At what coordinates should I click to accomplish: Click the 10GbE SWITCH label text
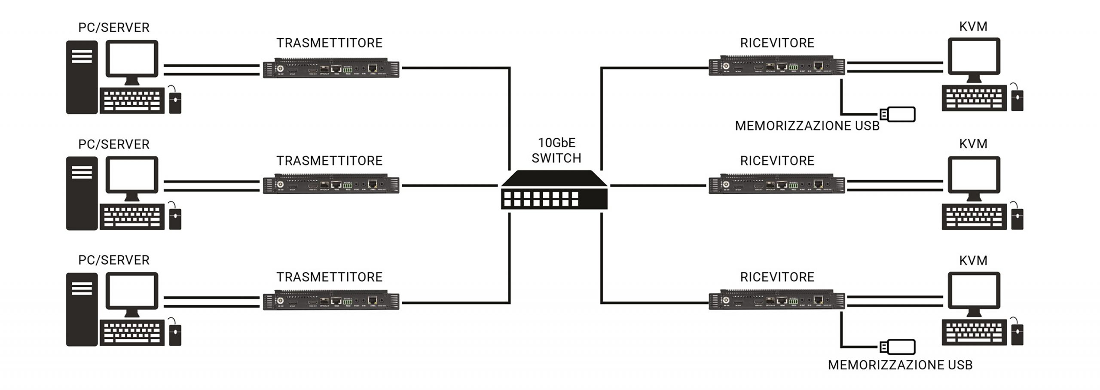[x=556, y=150]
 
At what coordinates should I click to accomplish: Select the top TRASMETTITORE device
[x=331, y=68]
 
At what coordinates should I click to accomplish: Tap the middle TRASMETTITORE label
[x=329, y=161]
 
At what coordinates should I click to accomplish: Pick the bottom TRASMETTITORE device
[x=331, y=301]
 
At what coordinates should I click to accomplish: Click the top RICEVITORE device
[x=776, y=66]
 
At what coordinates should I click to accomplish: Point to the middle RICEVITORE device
[x=776, y=184]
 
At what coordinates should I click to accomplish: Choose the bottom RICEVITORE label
[x=777, y=277]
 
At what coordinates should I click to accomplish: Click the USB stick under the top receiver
[x=898, y=114]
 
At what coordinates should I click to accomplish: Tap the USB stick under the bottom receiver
[x=898, y=347]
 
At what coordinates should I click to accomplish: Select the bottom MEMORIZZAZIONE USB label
[x=900, y=365]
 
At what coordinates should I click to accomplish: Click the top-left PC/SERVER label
[x=114, y=27]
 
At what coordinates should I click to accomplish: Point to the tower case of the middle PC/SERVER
[x=82, y=193]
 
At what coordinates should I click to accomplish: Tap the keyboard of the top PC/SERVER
[x=132, y=101]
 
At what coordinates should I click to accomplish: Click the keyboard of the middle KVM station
[x=974, y=217]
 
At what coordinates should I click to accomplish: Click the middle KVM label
[x=973, y=143]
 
